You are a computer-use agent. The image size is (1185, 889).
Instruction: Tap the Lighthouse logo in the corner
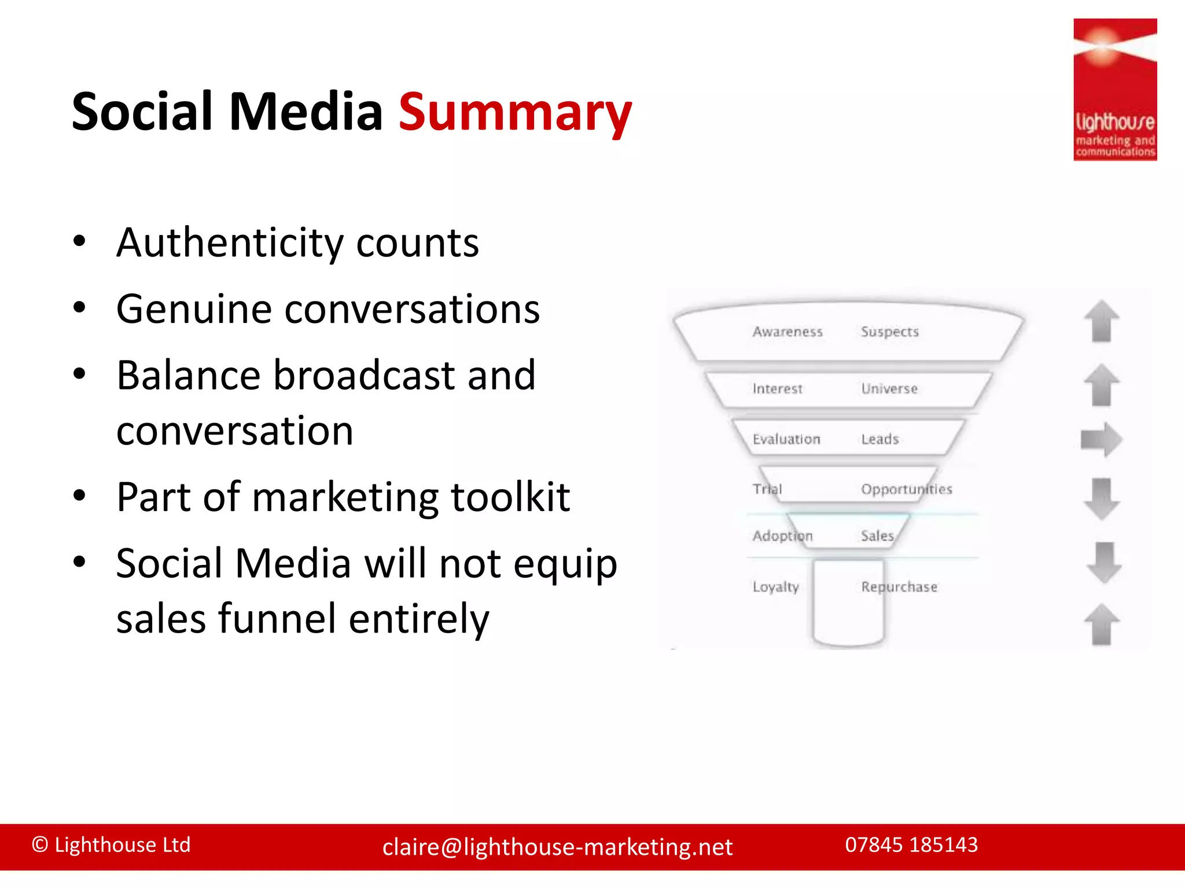point(1114,90)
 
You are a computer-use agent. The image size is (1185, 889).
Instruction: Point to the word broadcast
point(364,376)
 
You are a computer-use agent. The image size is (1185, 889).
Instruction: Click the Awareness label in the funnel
point(787,332)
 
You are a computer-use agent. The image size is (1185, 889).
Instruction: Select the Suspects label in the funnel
point(889,332)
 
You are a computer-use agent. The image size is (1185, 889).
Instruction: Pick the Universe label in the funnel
point(889,388)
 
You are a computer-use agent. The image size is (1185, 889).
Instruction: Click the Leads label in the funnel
point(879,439)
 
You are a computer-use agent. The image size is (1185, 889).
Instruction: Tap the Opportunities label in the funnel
point(906,490)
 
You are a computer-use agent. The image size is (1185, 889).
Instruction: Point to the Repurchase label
point(899,587)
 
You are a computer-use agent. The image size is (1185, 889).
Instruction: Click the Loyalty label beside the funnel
point(775,587)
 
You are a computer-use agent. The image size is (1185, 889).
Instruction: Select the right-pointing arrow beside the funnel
point(1101,439)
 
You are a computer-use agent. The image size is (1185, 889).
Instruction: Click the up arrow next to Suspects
point(1101,322)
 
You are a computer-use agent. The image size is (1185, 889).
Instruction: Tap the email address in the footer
point(557,847)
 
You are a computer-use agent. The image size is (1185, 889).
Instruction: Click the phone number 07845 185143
point(911,845)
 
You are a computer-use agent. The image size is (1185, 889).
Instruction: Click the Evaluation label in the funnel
point(786,439)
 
